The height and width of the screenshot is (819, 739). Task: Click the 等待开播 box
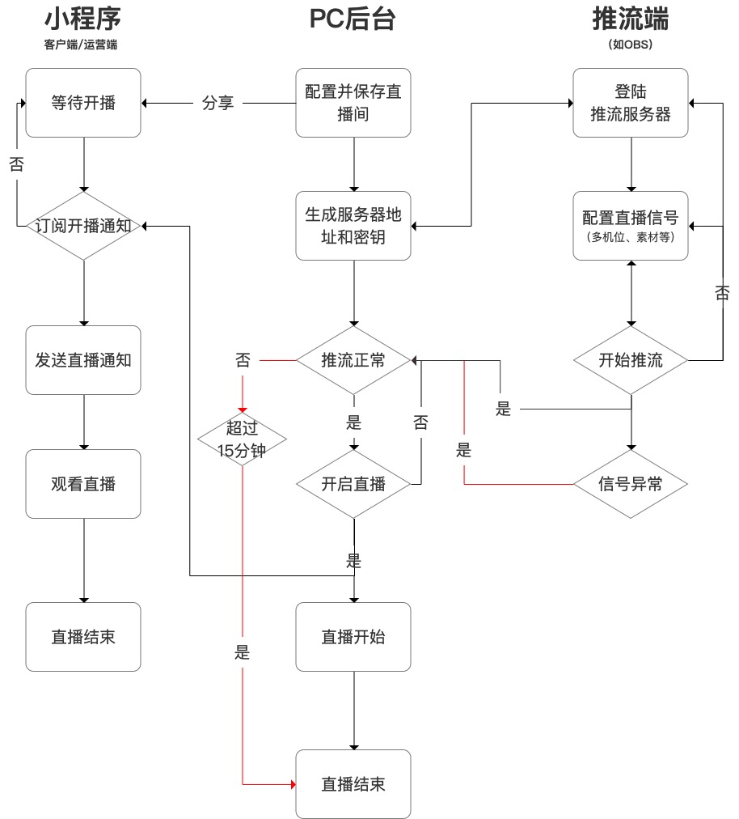(83, 103)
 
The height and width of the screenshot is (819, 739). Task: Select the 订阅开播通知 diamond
(83, 226)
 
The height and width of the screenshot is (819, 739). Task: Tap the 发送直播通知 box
(83, 360)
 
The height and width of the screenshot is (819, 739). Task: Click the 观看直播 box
(83, 484)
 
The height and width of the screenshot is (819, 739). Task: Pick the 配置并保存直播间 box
(353, 103)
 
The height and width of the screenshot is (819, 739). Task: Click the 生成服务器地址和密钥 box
(353, 226)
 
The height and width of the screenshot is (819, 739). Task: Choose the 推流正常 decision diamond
(353, 360)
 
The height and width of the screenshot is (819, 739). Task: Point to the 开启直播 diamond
(353, 484)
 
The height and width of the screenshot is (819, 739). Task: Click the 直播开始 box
(353, 637)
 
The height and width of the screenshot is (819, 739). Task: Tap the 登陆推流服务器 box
(631, 103)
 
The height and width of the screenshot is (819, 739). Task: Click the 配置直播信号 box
(631, 226)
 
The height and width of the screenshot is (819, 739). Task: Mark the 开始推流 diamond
(631, 360)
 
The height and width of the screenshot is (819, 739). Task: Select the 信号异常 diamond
(631, 484)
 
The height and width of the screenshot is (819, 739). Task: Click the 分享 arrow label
(217, 103)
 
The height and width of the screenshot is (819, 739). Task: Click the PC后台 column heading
(353, 19)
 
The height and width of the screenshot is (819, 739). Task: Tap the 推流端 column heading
(631, 19)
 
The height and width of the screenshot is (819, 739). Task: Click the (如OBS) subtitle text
(631, 45)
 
